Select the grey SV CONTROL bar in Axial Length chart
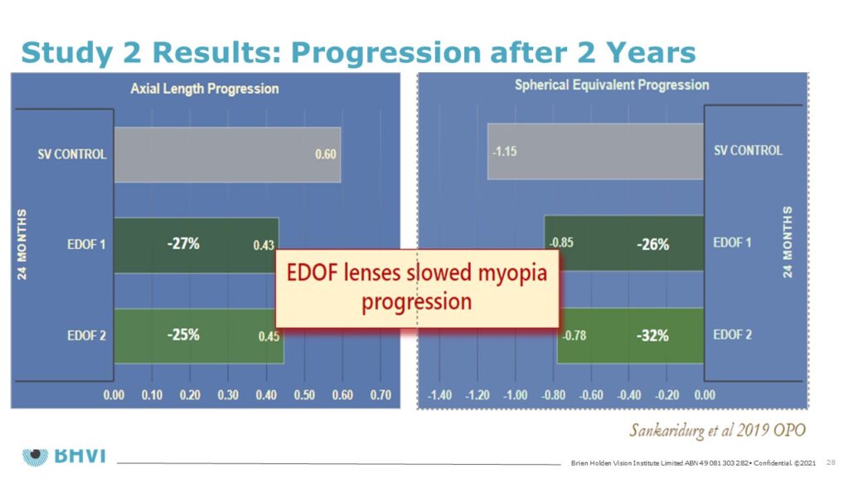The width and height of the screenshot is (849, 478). point(227,155)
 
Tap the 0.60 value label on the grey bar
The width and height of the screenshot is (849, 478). point(325,154)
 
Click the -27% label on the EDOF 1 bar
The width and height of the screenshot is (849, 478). point(183,244)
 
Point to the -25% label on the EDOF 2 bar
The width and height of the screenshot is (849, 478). point(183,335)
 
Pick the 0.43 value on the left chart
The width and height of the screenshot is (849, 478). point(264,246)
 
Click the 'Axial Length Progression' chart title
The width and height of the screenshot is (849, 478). point(205,89)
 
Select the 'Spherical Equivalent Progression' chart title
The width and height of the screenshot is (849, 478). point(612,85)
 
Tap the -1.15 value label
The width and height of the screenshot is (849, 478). point(504,152)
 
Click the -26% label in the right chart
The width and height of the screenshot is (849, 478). point(653,245)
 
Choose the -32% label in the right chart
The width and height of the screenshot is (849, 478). point(653,336)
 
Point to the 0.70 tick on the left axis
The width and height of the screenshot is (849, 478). point(381,395)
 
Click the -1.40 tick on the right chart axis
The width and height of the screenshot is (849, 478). point(439,395)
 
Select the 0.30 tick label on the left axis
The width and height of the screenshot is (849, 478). point(228,395)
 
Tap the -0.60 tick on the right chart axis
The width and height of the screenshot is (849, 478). point(590,395)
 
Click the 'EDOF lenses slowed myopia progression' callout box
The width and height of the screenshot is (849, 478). point(417,288)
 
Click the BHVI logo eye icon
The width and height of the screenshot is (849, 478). point(35,456)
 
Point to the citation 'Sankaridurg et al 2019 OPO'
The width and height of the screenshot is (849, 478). point(717,431)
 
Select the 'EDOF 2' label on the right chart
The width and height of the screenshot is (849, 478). point(732,335)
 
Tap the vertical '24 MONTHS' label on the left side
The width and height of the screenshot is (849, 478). point(22,245)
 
